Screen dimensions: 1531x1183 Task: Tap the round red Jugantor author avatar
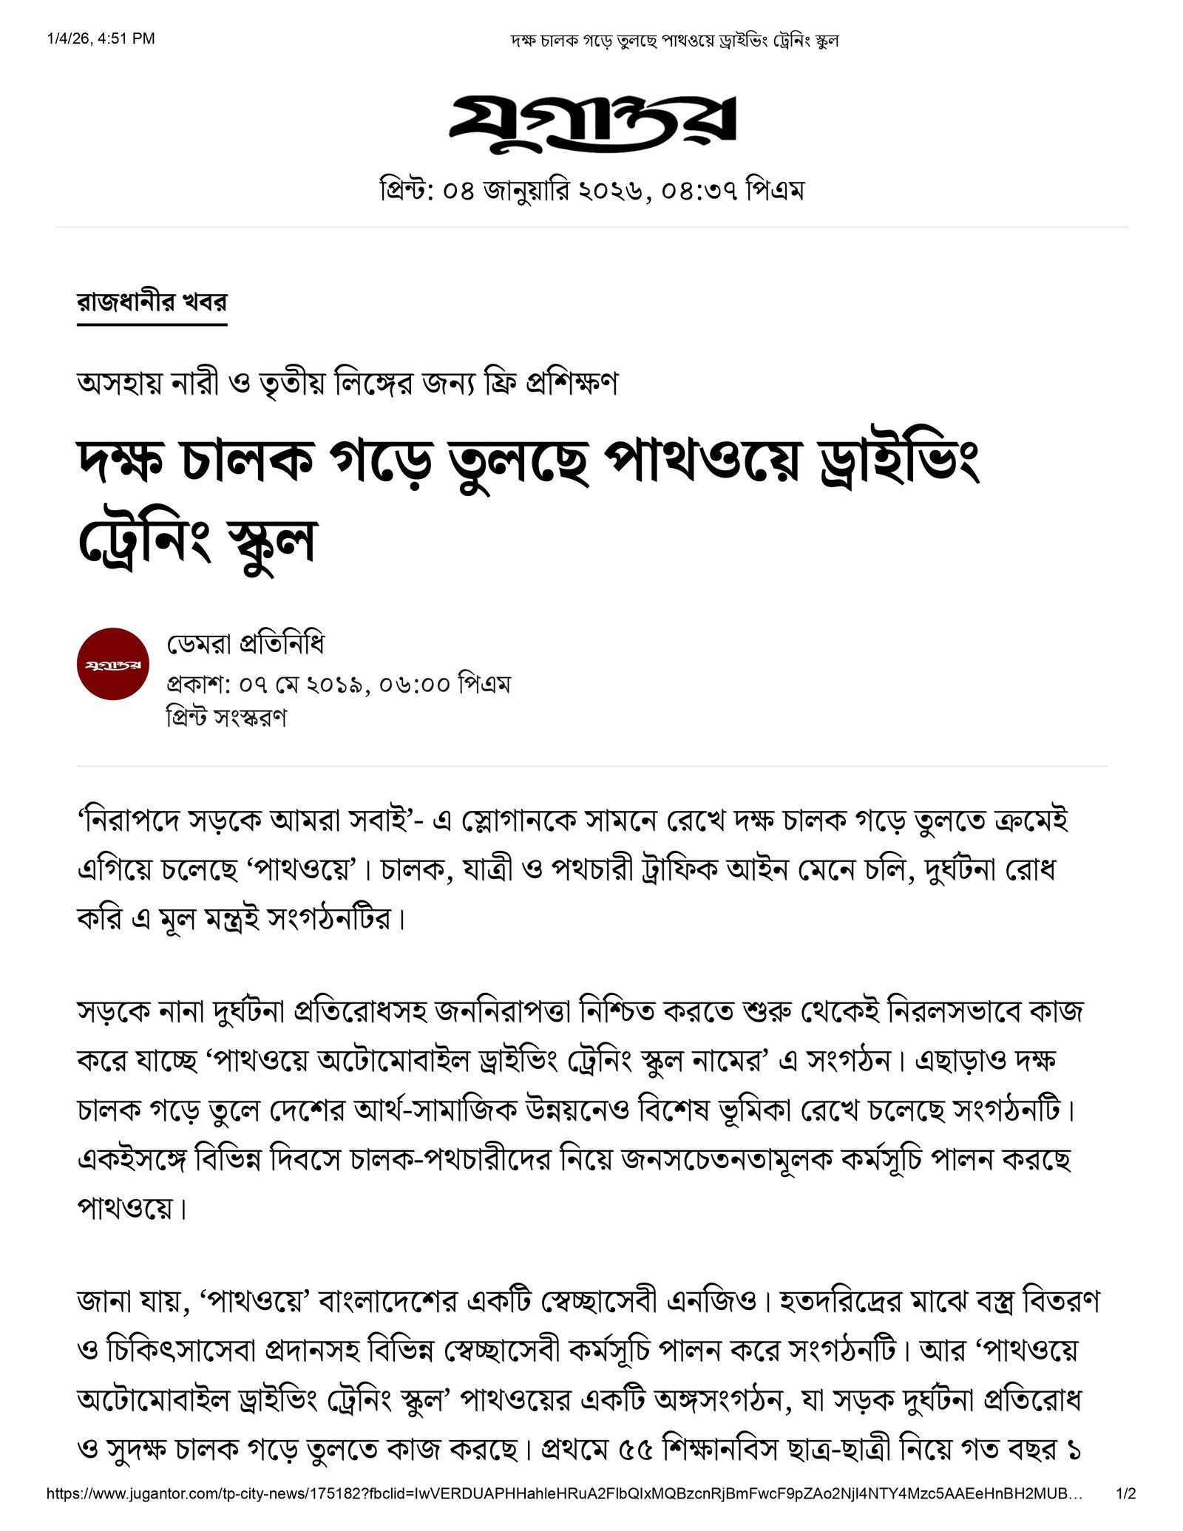click(113, 664)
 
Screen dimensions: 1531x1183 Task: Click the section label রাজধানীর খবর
click(152, 302)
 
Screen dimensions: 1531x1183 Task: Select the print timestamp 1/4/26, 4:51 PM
click(101, 38)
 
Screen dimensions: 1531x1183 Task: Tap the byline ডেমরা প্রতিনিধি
click(245, 644)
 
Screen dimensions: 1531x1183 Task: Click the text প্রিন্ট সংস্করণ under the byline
click(226, 716)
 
